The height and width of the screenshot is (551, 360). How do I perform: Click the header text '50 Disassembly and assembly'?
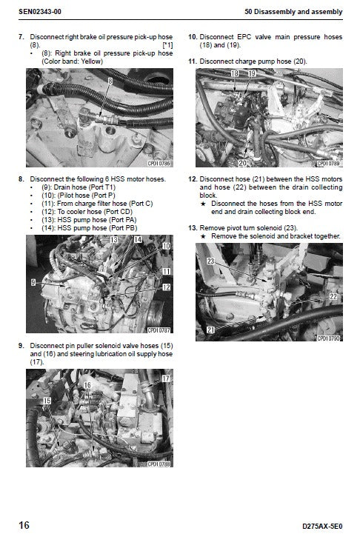296,12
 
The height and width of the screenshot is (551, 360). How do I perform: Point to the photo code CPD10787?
159,330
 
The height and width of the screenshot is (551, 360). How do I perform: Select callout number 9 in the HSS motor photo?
33,282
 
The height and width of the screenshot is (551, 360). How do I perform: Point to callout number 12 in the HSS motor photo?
166,287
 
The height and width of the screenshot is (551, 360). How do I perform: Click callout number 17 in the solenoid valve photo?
165,378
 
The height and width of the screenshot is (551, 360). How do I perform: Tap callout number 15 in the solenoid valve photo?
47,401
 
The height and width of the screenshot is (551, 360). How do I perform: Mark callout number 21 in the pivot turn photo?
211,329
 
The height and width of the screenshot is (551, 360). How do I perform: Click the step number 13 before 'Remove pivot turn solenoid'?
193,227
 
